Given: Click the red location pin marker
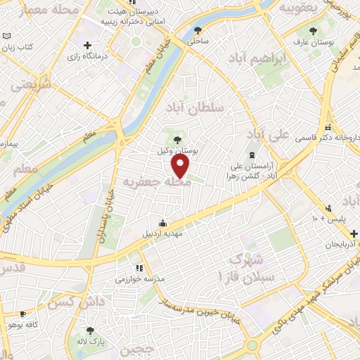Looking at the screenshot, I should (x=181, y=166).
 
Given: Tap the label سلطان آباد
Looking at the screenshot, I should (x=194, y=108).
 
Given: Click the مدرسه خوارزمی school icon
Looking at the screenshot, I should (x=139, y=268).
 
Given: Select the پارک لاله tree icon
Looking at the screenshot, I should (x=89, y=330).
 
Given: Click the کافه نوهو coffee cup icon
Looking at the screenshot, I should (x=23, y=314).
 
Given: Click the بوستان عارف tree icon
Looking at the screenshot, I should (x=314, y=31).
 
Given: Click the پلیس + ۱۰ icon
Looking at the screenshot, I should (x=328, y=207).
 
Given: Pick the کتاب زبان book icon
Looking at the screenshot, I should (x=6, y=37).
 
